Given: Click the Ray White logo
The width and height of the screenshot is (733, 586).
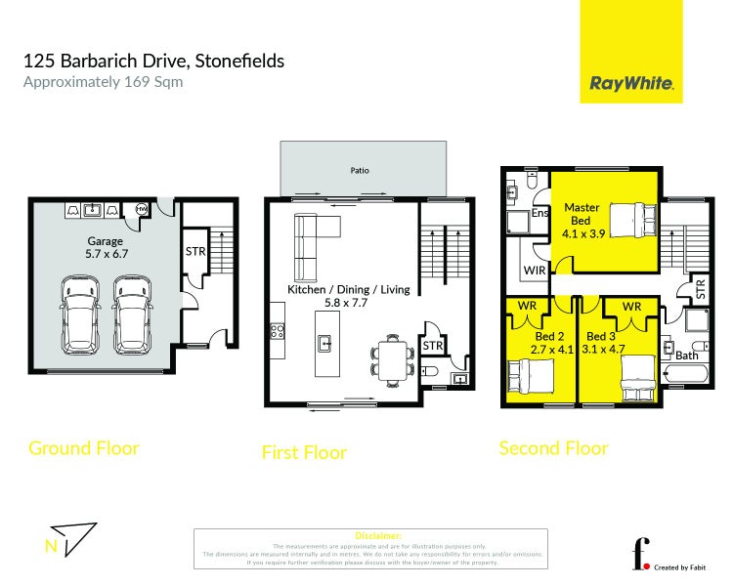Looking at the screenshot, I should (631, 83).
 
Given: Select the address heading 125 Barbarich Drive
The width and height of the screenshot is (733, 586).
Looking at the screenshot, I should (153, 61).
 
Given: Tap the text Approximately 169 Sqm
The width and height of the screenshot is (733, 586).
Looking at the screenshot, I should (103, 82).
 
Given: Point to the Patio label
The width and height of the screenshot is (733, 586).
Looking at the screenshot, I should (360, 171).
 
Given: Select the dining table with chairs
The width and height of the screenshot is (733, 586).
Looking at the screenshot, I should (392, 356).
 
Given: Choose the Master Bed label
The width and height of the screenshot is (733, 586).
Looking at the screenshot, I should (581, 215).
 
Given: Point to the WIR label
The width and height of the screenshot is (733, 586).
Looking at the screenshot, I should (534, 270).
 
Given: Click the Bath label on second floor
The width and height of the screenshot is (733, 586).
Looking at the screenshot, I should (687, 356).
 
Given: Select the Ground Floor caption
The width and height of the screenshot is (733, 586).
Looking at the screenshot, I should (84, 448).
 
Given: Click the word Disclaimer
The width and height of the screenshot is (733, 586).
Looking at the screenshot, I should (370, 536).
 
